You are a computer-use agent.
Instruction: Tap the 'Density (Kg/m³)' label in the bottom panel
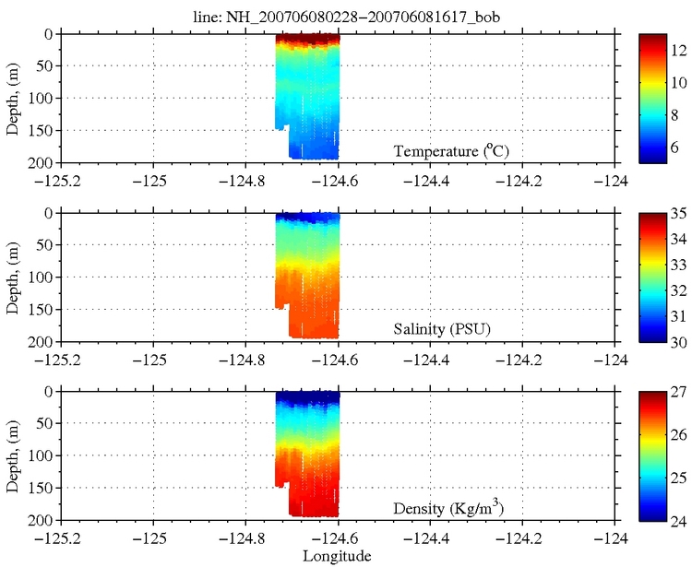[x=448, y=508]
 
